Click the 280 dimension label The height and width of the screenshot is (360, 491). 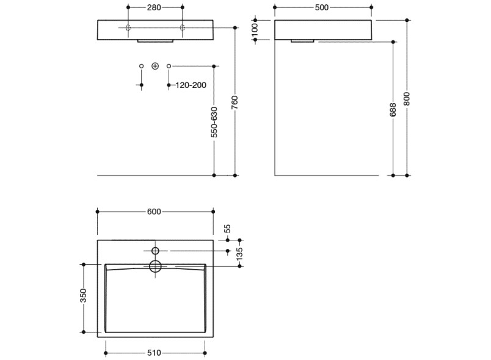(155, 7)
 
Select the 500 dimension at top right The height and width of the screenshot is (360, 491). (322, 7)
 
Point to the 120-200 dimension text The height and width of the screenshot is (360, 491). (191, 85)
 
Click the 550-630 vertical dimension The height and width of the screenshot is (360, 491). (214, 122)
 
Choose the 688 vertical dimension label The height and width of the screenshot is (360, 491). (393, 109)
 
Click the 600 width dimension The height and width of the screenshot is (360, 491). (154, 212)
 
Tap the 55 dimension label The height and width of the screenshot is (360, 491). (228, 228)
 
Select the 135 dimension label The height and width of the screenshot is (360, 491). (239, 252)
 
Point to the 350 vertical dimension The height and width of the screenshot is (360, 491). (83, 297)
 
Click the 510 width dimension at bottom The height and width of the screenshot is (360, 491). (155, 353)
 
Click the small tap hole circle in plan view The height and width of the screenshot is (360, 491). (155, 251)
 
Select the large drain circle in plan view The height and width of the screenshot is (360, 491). (155, 266)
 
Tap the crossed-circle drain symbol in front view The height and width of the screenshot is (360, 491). (155, 65)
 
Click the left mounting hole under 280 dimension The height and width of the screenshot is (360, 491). (128, 27)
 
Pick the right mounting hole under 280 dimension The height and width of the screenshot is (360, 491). (182, 27)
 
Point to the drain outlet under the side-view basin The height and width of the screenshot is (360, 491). (302, 41)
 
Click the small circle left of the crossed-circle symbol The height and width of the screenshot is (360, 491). (141, 65)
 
